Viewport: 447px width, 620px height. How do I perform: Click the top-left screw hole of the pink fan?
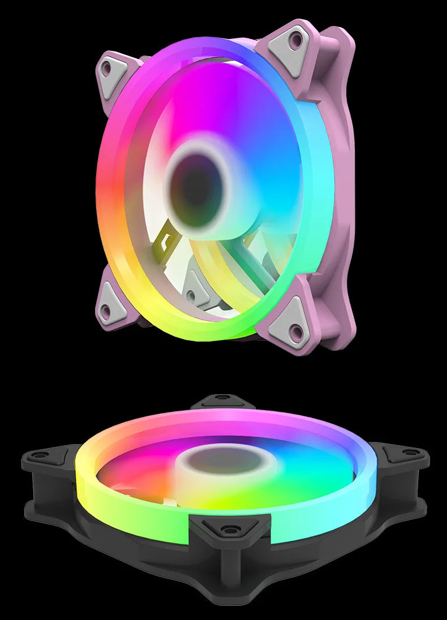106,69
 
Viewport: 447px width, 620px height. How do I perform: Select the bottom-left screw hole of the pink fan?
106,309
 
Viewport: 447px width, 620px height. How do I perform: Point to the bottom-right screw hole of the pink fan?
296,330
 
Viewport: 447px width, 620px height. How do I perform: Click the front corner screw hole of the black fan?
230,529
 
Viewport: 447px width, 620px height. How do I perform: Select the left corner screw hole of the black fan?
39,455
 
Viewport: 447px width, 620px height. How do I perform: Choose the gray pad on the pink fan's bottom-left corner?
110,305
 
